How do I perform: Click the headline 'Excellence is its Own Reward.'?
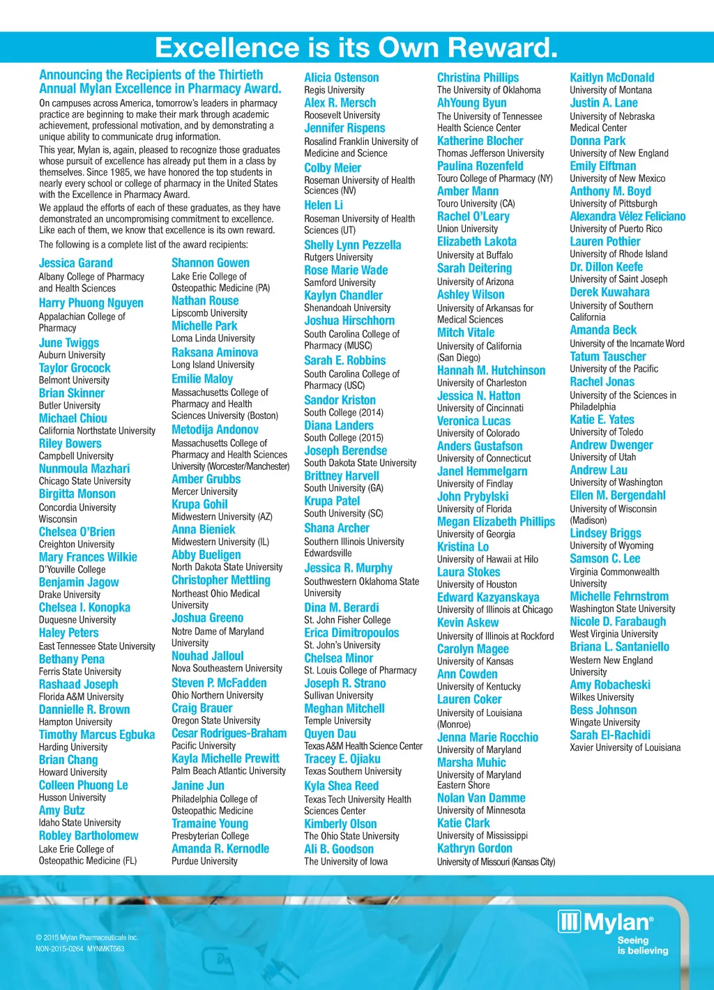tap(356, 47)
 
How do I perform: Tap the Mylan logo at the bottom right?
tap(605, 922)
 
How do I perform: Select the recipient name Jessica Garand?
tap(75, 263)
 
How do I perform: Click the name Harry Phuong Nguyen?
tap(91, 303)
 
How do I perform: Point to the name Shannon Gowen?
tap(210, 263)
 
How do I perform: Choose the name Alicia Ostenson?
tap(341, 77)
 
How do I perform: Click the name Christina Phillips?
tap(478, 77)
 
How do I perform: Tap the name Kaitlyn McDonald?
tap(612, 77)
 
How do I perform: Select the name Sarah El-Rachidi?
tap(609, 735)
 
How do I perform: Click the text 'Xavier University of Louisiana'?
tap(625, 747)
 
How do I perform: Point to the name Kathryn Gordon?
tap(474, 848)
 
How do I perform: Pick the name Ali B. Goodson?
tap(338, 849)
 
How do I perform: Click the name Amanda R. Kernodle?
tap(220, 848)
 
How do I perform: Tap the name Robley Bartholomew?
tap(89, 835)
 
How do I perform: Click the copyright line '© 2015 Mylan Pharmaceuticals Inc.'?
tap(87, 938)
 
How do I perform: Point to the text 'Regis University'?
tap(334, 90)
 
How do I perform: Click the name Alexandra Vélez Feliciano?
tap(628, 216)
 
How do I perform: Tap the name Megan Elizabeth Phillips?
tap(496, 521)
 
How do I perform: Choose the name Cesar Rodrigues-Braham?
tap(229, 733)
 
